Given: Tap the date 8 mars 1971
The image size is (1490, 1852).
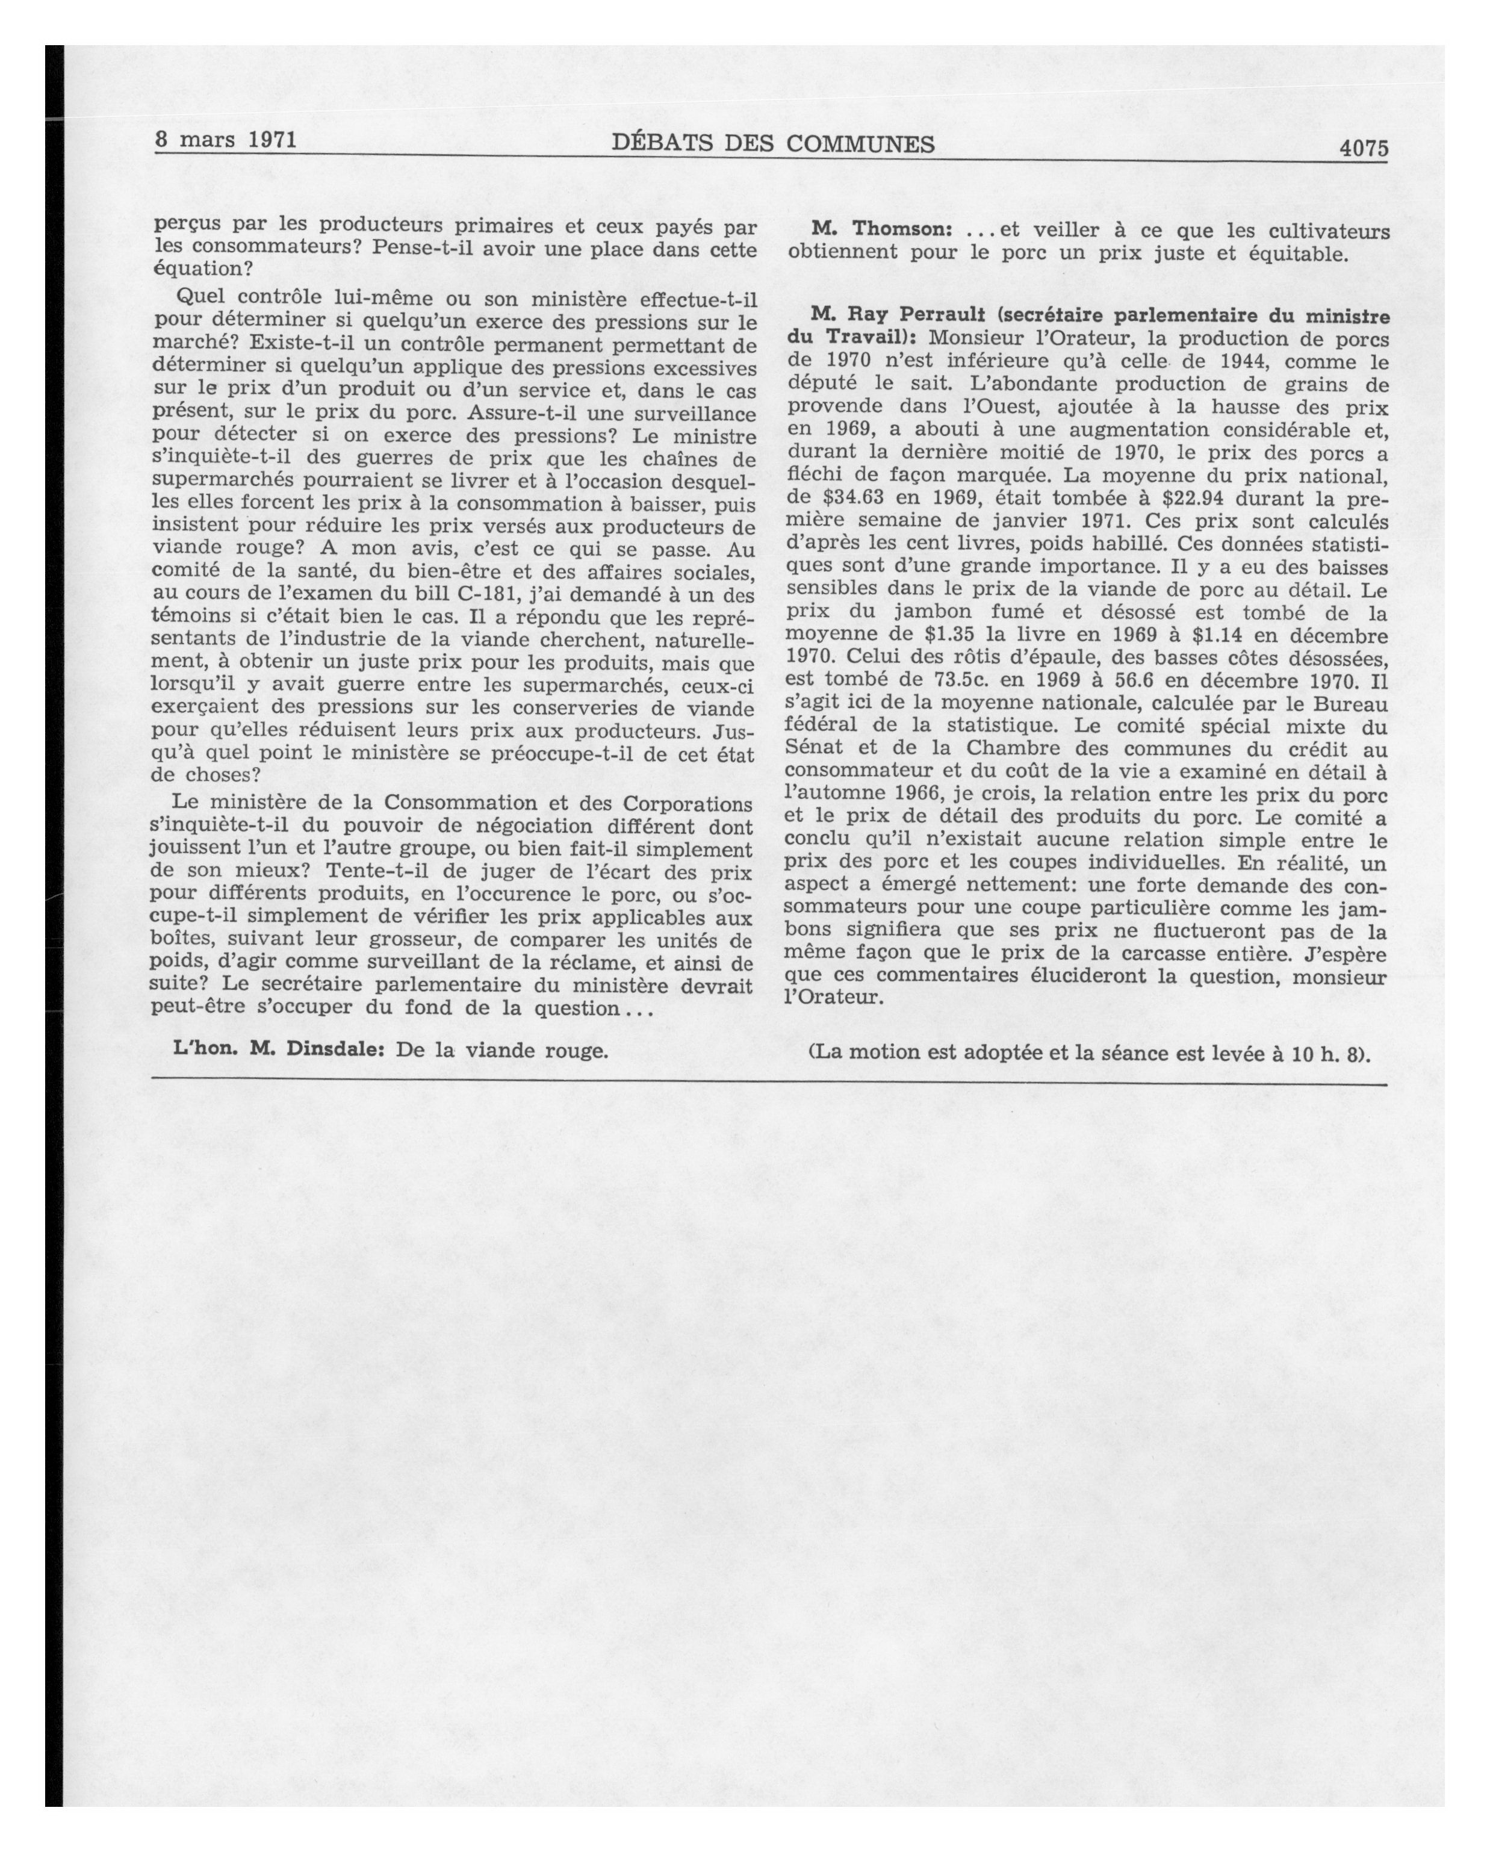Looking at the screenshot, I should click(x=226, y=139).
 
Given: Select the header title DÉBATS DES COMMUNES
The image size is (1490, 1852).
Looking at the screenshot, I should click(x=773, y=143).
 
